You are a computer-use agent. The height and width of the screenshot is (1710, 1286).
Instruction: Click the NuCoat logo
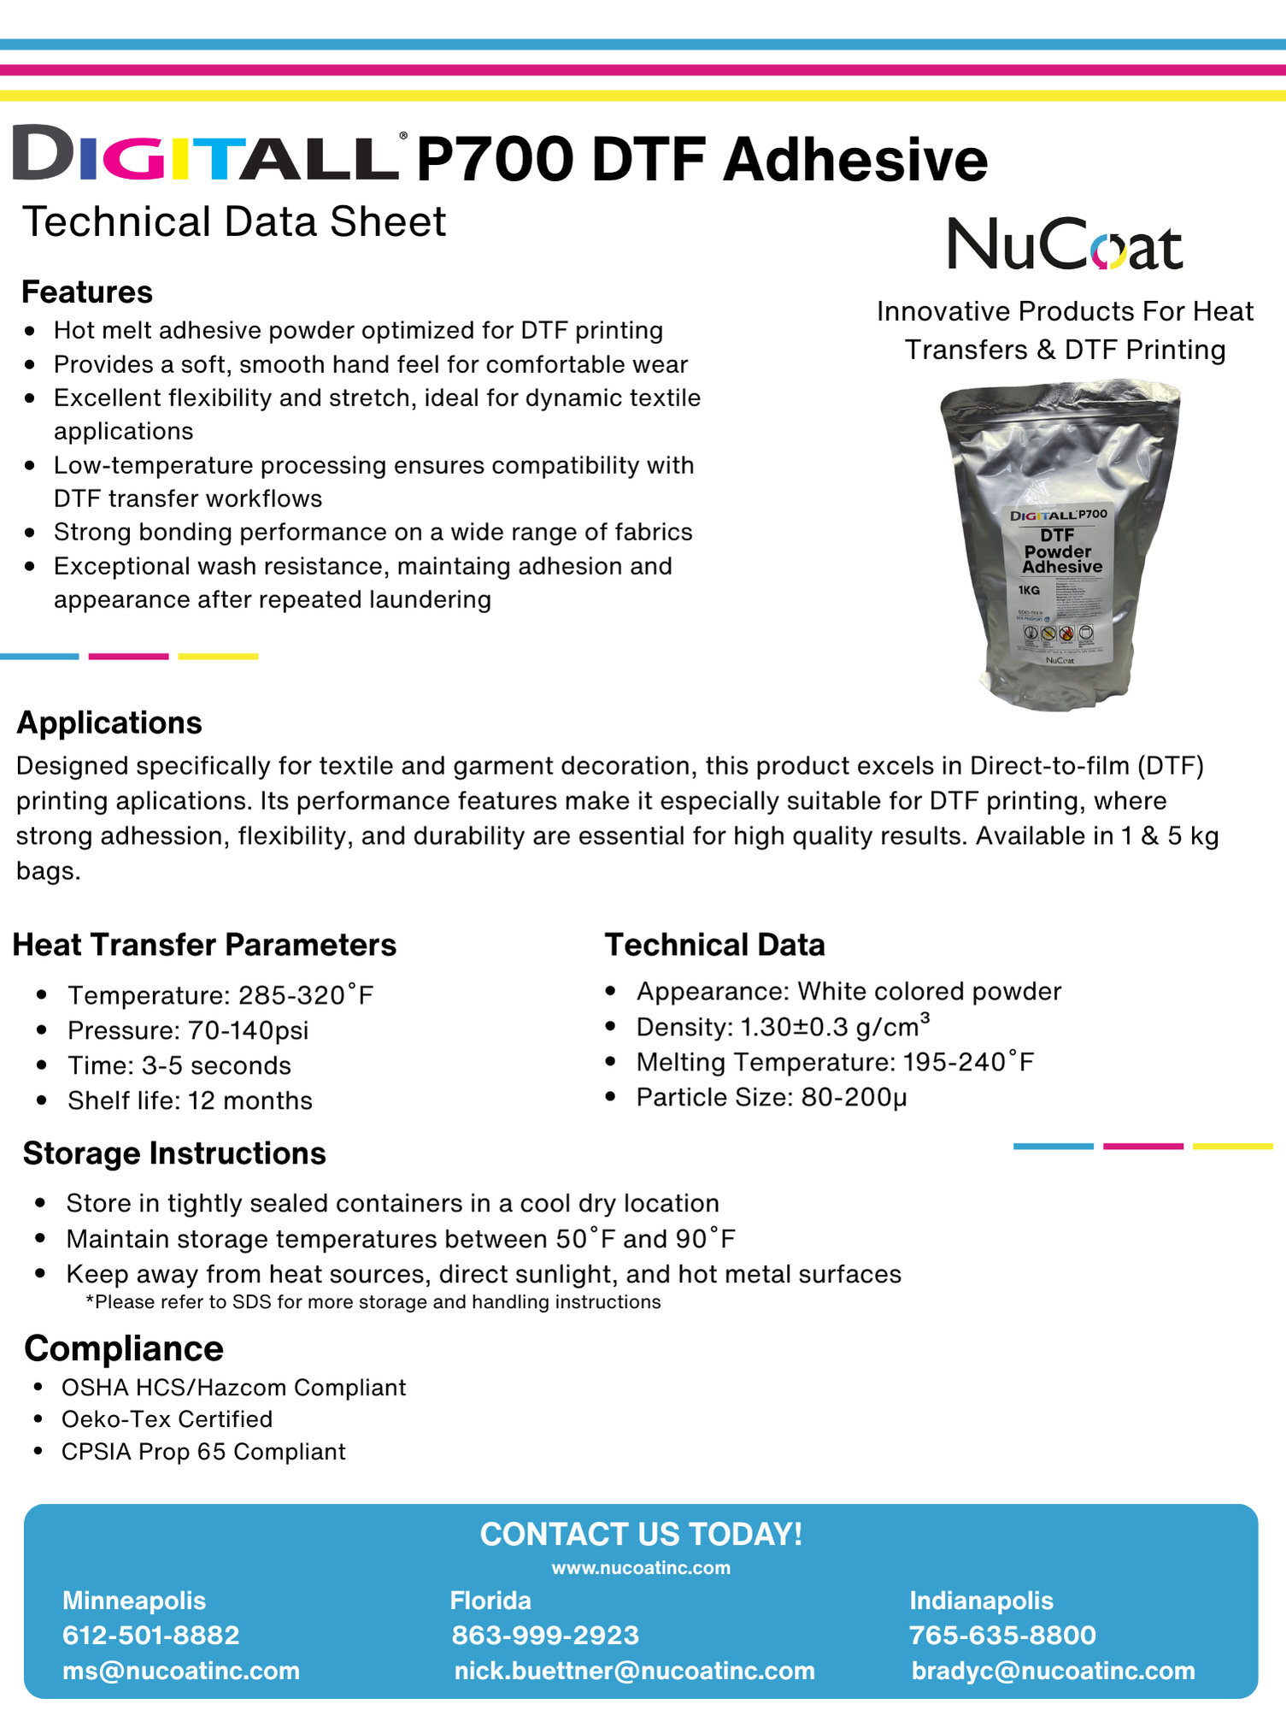tap(1065, 245)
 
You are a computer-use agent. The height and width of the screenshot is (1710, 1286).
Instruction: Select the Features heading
tap(87, 292)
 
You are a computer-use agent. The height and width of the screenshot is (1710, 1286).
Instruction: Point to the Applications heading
tap(109, 723)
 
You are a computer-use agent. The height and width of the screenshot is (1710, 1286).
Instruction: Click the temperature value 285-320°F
tap(306, 995)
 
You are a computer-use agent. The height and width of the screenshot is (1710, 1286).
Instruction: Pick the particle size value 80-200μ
tap(854, 1097)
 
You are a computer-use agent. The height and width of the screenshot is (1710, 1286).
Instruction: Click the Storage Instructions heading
tap(174, 1153)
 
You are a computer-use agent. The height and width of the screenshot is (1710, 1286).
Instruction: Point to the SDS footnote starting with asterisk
tap(373, 1302)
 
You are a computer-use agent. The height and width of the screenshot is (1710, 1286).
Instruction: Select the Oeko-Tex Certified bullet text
tap(167, 1419)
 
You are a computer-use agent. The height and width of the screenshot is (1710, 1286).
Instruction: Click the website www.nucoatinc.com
tap(641, 1568)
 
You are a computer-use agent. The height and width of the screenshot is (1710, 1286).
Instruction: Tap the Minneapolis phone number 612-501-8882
tap(151, 1635)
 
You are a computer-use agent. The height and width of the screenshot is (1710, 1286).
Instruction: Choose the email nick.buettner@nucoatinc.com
tap(634, 1671)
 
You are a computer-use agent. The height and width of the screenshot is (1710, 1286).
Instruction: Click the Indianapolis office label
tap(981, 1601)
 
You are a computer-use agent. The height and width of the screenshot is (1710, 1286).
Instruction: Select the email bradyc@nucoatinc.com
tap(1053, 1671)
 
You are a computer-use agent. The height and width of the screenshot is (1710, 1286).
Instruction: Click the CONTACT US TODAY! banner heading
tap(641, 1535)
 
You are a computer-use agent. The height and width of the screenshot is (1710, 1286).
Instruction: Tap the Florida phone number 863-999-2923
tap(545, 1635)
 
